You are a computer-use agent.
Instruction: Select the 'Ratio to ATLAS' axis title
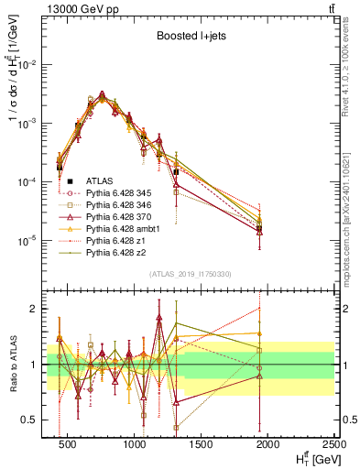(x=12, y=365)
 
